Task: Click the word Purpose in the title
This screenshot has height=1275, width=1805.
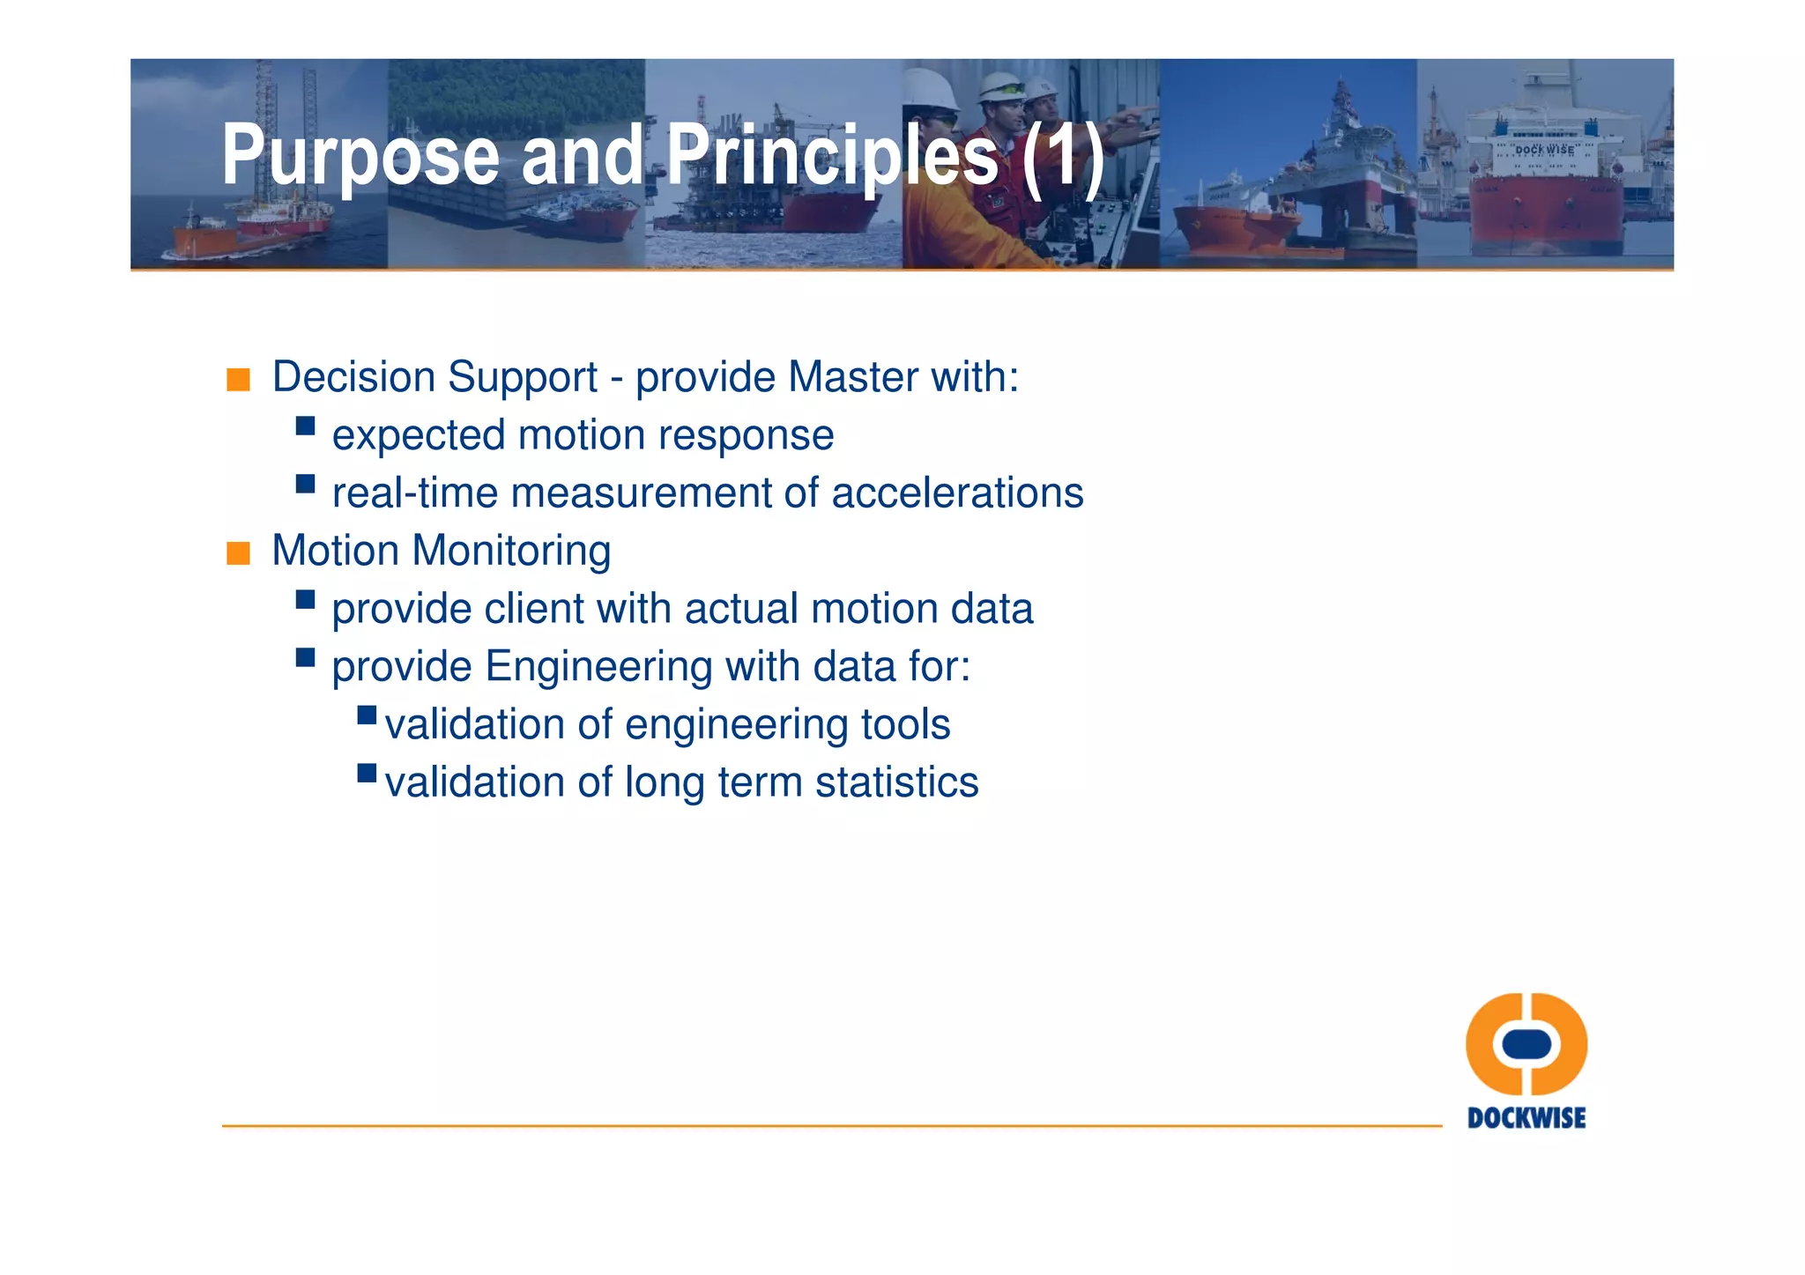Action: pyautogui.click(x=360, y=157)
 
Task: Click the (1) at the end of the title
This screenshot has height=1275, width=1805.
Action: pyautogui.click(x=1063, y=157)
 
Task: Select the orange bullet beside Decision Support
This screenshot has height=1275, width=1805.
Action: pyautogui.click(x=238, y=380)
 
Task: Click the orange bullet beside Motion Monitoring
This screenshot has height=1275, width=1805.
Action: pyautogui.click(x=238, y=553)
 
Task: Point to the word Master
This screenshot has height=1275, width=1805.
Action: pyautogui.click(x=853, y=377)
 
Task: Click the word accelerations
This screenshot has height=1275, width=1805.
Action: pyautogui.click(x=957, y=493)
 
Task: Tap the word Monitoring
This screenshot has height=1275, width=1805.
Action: pyautogui.click(x=511, y=551)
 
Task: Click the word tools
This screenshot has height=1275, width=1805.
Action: pyautogui.click(x=905, y=724)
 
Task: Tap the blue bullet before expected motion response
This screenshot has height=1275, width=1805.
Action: pyautogui.click(x=305, y=426)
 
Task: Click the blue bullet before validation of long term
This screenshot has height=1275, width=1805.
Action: pyautogui.click(x=367, y=774)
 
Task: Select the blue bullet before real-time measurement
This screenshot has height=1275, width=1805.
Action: pyautogui.click(x=305, y=484)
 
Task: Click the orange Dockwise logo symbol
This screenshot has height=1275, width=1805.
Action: pyautogui.click(x=1526, y=1044)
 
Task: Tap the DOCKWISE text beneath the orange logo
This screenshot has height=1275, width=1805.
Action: pyautogui.click(x=1526, y=1118)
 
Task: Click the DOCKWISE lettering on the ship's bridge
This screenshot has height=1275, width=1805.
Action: pyautogui.click(x=1544, y=150)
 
